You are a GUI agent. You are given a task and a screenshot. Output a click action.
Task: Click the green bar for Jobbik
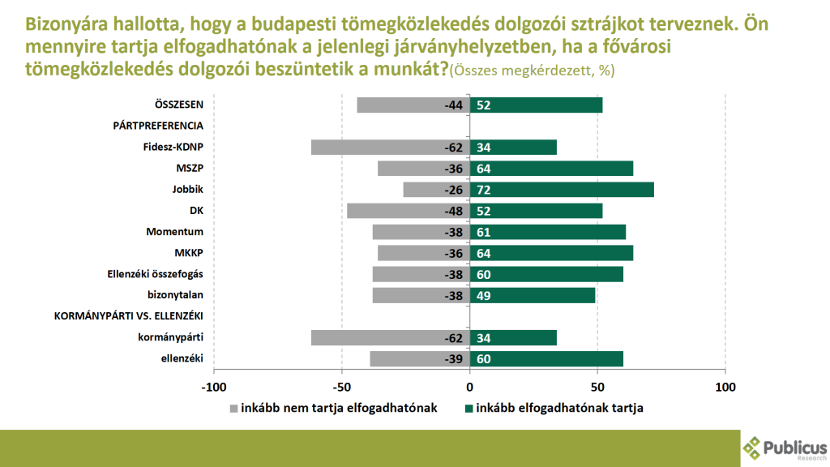pyautogui.click(x=562, y=190)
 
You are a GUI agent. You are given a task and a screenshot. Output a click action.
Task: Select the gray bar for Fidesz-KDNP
pyautogui.click(x=390, y=148)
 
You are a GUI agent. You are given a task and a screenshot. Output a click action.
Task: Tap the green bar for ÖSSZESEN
pyautogui.click(x=536, y=105)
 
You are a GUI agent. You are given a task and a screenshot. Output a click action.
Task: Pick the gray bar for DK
pyautogui.click(x=408, y=211)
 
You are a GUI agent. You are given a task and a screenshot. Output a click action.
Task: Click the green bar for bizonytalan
pyautogui.click(x=533, y=295)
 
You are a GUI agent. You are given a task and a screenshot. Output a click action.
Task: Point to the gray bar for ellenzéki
pyautogui.click(x=420, y=359)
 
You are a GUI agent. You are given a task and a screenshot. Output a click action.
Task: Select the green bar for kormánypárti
pyautogui.click(x=513, y=338)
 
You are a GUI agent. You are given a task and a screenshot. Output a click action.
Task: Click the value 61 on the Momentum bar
pyautogui.click(x=485, y=233)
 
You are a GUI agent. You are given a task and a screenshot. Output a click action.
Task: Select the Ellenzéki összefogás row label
pyautogui.click(x=154, y=274)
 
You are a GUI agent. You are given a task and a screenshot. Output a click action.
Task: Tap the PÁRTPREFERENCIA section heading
pyautogui.click(x=157, y=126)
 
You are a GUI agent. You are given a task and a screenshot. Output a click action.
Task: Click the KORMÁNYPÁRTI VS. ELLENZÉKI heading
pyautogui.click(x=128, y=316)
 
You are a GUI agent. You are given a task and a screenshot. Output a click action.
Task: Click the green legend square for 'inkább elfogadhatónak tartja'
pyautogui.click(x=467, y=409)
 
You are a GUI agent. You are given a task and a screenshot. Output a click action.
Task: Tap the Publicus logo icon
pyautogui.click(x=753, y=447)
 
